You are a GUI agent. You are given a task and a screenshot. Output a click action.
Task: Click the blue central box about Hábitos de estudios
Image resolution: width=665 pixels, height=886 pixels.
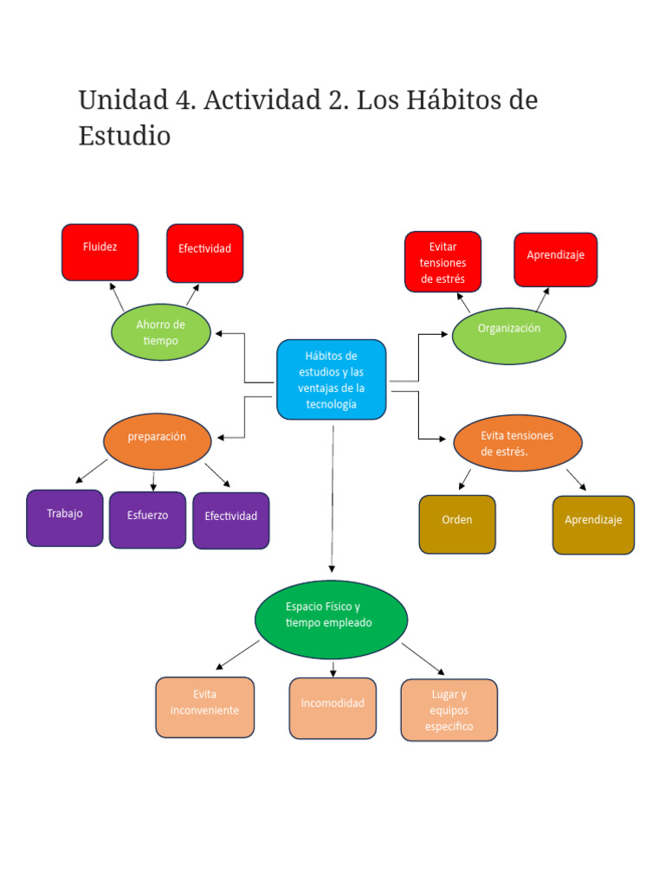click(331, 380)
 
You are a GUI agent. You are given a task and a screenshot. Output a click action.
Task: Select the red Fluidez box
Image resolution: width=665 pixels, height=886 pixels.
click(100, 252)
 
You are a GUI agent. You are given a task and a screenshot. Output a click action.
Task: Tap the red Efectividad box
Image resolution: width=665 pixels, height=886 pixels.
click(204, 253)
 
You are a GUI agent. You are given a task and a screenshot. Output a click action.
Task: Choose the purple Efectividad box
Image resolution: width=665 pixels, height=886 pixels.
click(230, 520)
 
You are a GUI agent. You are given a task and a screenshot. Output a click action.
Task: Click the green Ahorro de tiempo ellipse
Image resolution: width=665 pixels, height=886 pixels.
click(161, 332)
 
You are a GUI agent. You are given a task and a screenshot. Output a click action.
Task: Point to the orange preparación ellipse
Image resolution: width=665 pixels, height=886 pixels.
click(157, 440)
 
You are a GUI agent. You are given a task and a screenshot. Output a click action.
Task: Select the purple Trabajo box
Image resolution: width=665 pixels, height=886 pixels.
click(65, 517)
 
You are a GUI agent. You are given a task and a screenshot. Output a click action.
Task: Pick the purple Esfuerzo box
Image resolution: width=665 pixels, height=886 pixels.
click(147, 519)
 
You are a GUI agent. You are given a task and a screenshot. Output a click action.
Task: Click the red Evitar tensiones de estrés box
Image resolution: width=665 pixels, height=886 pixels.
click(442, 262)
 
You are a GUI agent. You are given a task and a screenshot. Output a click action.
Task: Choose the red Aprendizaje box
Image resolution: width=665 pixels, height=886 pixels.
click(555, 260)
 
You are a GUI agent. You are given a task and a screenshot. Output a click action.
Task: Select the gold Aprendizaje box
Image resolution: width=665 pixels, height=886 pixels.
click(593, 524)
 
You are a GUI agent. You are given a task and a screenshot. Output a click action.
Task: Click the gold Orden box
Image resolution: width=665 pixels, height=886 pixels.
click(457, 523)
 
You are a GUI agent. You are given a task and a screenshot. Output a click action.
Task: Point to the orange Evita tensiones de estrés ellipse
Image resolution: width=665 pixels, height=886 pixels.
click(517, 443)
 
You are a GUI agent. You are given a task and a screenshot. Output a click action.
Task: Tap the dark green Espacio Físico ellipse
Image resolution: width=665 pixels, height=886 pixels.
click(331, 619)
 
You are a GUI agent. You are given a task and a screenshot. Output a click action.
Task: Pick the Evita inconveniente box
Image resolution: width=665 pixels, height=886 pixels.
click(205, 707)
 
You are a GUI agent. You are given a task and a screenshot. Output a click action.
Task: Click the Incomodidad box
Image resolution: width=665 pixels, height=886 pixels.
click(332, 708)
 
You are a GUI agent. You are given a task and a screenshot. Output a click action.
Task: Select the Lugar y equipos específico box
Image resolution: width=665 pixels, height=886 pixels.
click(449, 709)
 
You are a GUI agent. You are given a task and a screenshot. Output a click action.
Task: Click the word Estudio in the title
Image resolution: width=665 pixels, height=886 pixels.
click(125, 136)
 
